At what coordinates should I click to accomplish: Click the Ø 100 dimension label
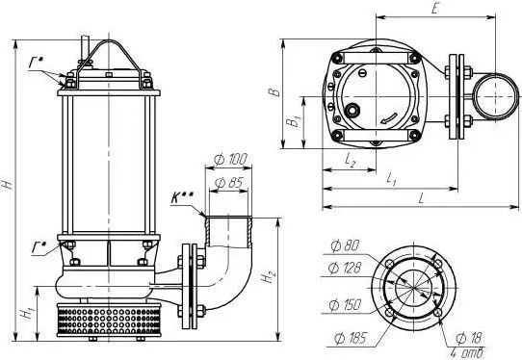click(x=230, y=160)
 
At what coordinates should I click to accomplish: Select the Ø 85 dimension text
click(x=229, y=183)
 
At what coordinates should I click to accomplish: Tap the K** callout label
click(x=182, y=197)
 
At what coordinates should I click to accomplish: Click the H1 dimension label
click(x=27, y=313)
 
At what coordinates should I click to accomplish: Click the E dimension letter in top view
click(x=434, y=9)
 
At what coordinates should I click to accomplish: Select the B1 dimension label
click(x=294, y=121)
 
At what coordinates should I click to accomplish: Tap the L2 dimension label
click(x=350, y=161)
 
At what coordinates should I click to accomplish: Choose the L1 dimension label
click(x=391, y=180)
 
